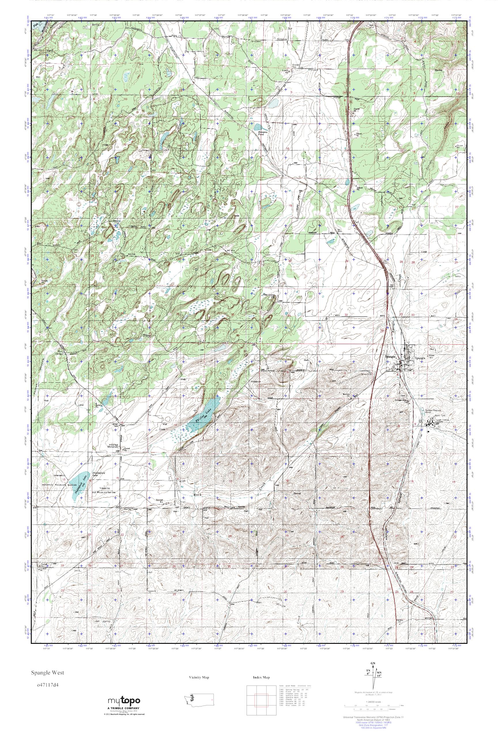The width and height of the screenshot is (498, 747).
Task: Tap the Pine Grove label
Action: tap(269, 295)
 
